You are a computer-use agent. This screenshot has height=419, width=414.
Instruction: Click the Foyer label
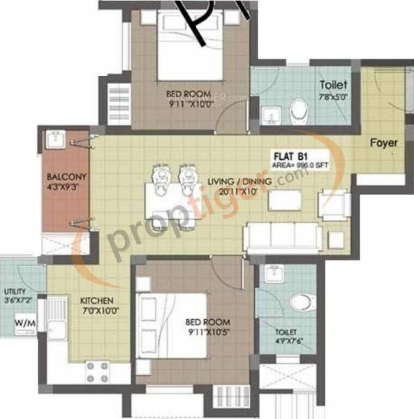tap(383, 143)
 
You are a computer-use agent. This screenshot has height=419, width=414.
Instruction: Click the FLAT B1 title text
tap(289, 156)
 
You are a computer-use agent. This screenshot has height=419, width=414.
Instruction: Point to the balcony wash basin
tap(56, 141)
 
